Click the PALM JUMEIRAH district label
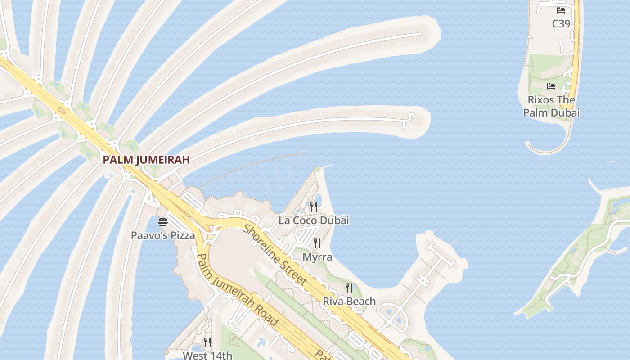click(146, 159)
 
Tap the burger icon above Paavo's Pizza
click(163, 222)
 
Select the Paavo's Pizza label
click(163, 235)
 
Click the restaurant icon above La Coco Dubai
click(314, 207)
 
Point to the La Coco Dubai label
click(314, 220)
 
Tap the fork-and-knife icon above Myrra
click(317, 243)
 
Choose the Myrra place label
click(317, 257)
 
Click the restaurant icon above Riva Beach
click(349, 288)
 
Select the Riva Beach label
click(349, 301)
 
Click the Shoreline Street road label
click(275, 255)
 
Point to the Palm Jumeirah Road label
click(237, 290)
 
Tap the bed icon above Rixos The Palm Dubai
click(551, 86)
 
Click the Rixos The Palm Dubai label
click(551, 106)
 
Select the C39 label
click(561, 23)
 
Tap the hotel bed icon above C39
click(561, 10)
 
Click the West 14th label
click(207, 355)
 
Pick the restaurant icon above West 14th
click(207, 342)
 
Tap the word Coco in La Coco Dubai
click(307, 220)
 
